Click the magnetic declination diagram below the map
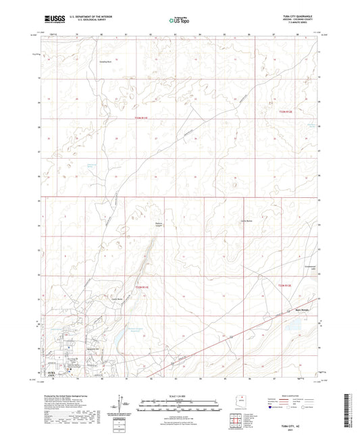click(x=126, y=407)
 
